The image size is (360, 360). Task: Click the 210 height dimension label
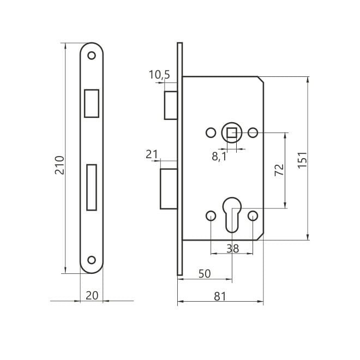point(59,165)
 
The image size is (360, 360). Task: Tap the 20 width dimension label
point(92,296)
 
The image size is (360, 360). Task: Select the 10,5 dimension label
point(159,75)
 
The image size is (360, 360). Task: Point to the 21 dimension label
point(152,154)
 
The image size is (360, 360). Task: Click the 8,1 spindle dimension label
point(219,157)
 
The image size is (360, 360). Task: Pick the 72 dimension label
point(279,170)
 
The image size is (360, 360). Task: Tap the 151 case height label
point(302,160)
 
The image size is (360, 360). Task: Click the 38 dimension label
point(232,248)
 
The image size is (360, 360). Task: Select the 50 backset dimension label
point(205,274)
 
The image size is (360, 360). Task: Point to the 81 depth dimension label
point(220,296)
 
